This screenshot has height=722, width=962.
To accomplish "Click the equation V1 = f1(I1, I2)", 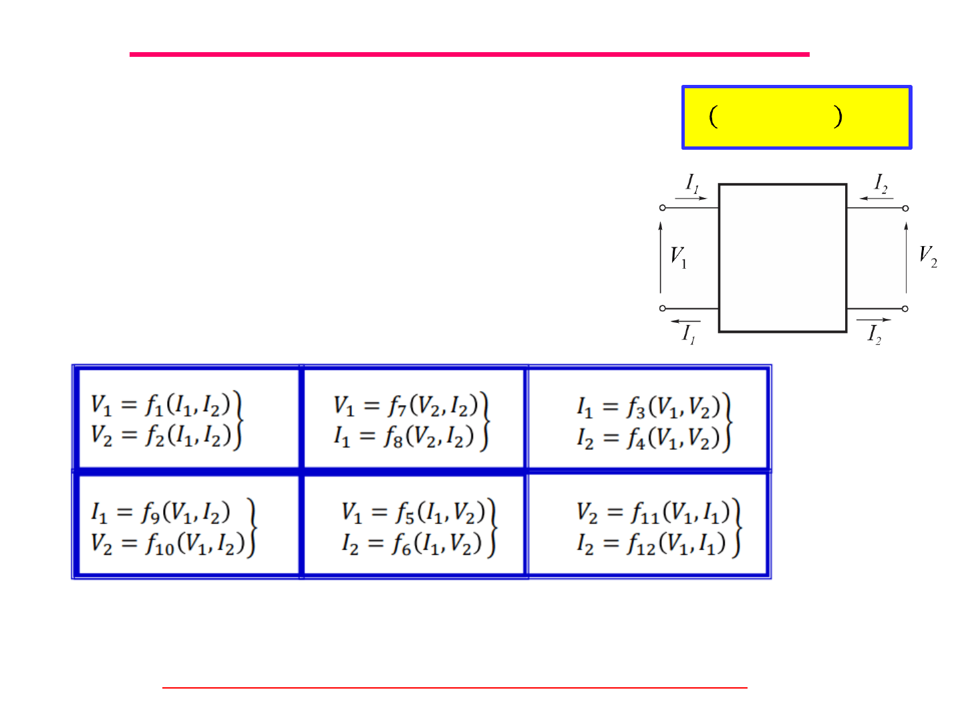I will click(161, 404).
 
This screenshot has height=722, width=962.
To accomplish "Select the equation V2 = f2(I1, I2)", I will click(161, 435).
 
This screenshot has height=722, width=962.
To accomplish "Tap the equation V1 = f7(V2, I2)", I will click(406, 404).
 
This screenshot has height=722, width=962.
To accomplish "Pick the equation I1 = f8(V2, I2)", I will click(404, 437).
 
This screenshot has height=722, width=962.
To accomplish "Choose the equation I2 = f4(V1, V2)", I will click(649, 438).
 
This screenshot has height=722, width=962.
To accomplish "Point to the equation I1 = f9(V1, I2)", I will click(160, 512).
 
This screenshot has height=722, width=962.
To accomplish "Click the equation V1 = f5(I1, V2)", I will click(413, 512).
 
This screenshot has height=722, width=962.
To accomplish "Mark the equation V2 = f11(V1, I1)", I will click(653, 513).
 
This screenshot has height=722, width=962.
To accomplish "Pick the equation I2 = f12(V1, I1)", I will click(651, 544).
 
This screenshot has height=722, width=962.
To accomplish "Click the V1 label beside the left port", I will click(678, 256).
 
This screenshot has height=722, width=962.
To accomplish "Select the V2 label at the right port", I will click(927, 255).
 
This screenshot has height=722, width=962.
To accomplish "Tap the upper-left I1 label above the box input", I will click(692, 183).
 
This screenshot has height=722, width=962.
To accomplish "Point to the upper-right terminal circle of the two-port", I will click(905, 208).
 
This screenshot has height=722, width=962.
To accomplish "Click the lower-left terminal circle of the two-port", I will click(662, 308).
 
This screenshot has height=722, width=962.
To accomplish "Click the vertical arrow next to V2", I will click(906, 257).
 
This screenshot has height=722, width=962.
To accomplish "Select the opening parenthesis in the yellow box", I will click(713, 117).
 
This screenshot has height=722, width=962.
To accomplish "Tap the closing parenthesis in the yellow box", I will click(837, 117).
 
